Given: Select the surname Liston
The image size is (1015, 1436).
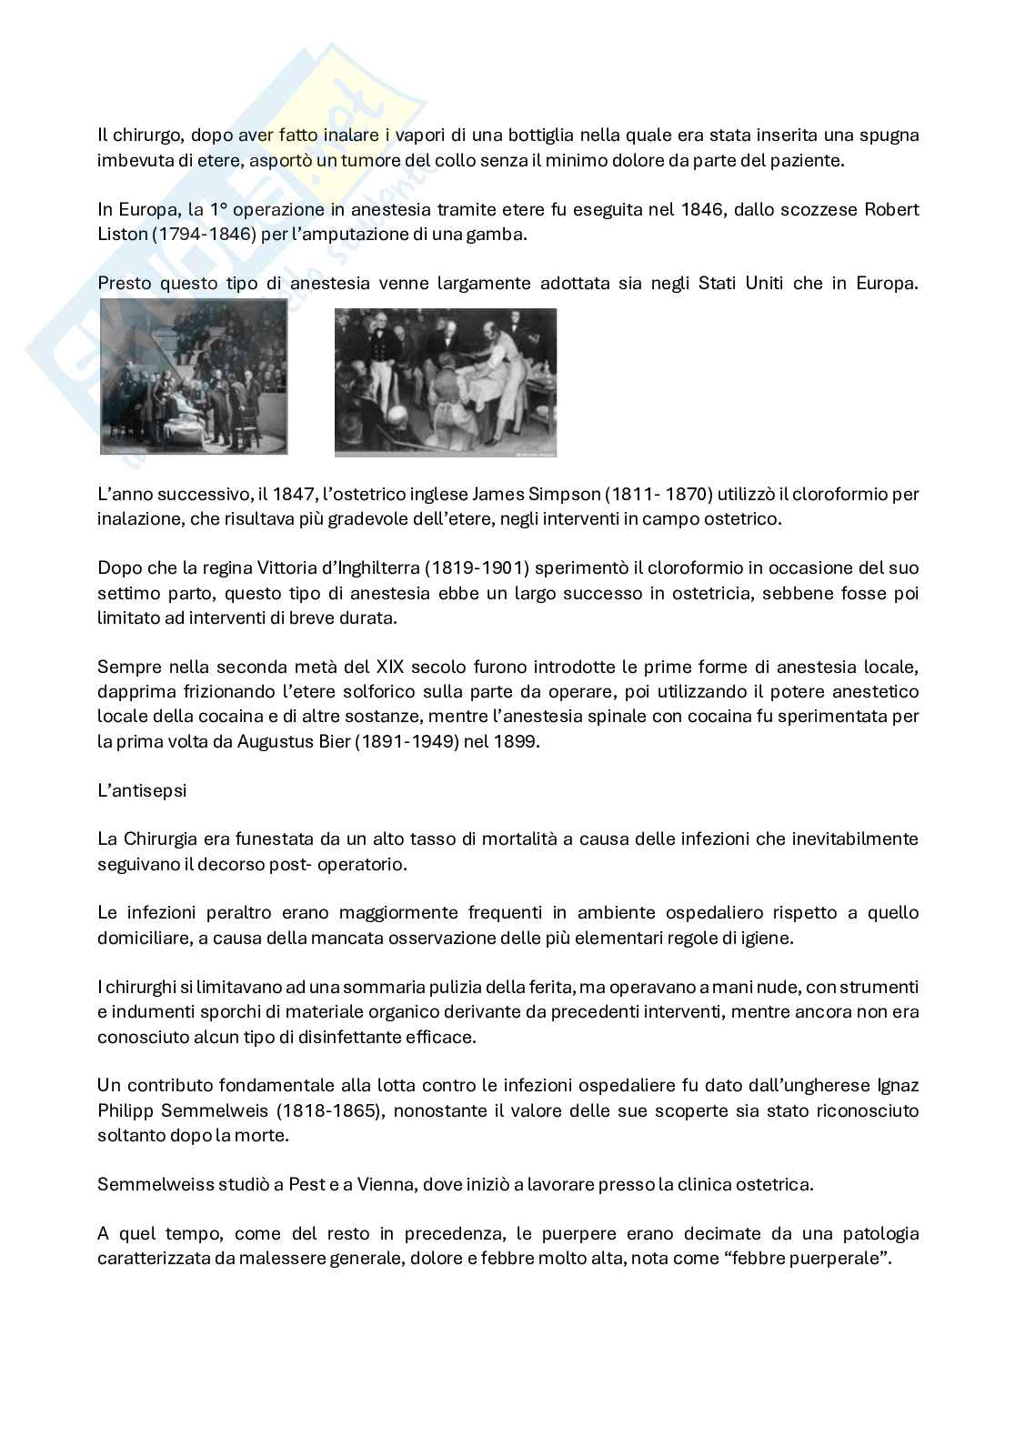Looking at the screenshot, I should tap(122, 234).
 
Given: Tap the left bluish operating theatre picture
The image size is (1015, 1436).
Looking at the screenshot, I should tap(194, 377).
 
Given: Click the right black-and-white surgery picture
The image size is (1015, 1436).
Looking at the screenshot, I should tap(445, 382).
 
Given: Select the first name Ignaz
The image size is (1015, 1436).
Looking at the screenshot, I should tap(898, 1085).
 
